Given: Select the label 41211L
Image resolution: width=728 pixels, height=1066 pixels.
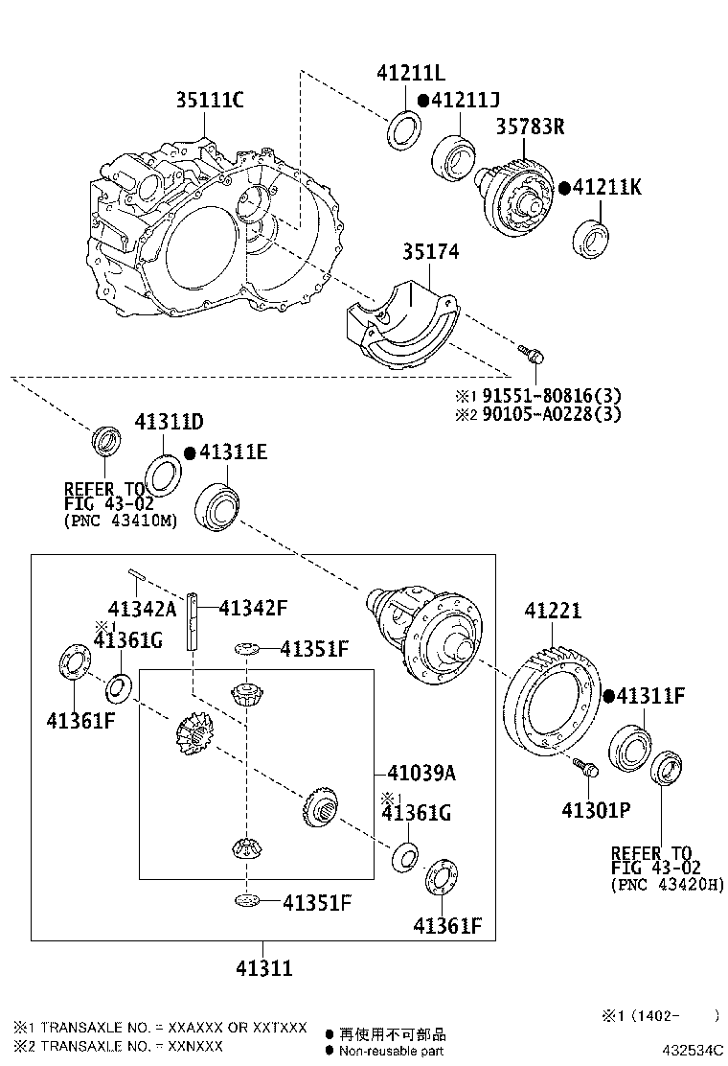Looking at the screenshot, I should pyautogui.click(x=411, y=74).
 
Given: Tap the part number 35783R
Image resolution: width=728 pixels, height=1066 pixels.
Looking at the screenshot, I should pyautogui.click(x=530, y=127).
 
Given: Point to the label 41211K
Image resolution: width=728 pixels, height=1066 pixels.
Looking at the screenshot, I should pyautogui.click(x=606, y=188).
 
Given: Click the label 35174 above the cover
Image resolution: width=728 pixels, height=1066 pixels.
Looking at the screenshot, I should pyautogui.click(x=430, y=252).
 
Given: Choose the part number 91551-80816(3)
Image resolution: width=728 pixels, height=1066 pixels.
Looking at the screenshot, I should pyautogui.click(x=552, y=395).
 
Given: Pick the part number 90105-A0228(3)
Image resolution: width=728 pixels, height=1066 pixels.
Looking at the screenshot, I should pyautogui.click(x=552, y=414).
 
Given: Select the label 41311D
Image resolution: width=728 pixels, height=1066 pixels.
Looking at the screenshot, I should pyautogui.click(x=169, y=423).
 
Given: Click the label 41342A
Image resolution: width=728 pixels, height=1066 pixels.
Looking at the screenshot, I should pyautogui.click(x=143, y=609).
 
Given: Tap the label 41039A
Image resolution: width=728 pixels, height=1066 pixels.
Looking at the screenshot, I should pyautogui.click(x=421, y=773).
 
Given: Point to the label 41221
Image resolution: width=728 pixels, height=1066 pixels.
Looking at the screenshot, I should pyautogui.click(x=553, y=611).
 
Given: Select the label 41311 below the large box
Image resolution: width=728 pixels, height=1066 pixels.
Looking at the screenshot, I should pyautogui.click(x=263, y=968).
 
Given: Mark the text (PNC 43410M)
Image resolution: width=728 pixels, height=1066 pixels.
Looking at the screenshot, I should pyautogui.click(x=121, y=521).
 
